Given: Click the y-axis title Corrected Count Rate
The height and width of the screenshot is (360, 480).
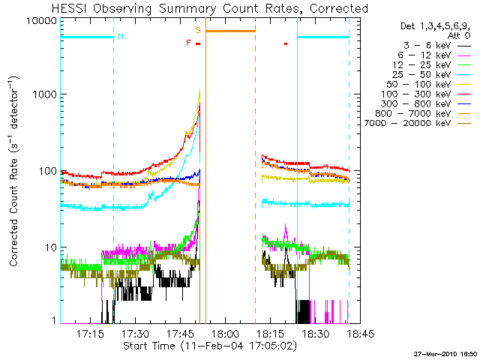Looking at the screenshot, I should pyautogui.click(x=15, y=172).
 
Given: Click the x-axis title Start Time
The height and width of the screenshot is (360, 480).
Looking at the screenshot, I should pyautogui.click(x=205, y=346).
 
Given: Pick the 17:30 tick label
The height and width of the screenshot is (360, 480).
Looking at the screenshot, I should pyautogui.click(x=136, y=334).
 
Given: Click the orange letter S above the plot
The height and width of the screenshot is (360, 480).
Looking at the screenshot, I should pyautogui.click(x=198, y=29).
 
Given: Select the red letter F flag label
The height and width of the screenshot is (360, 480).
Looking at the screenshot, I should pyautogui.click(x=188, y=43).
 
